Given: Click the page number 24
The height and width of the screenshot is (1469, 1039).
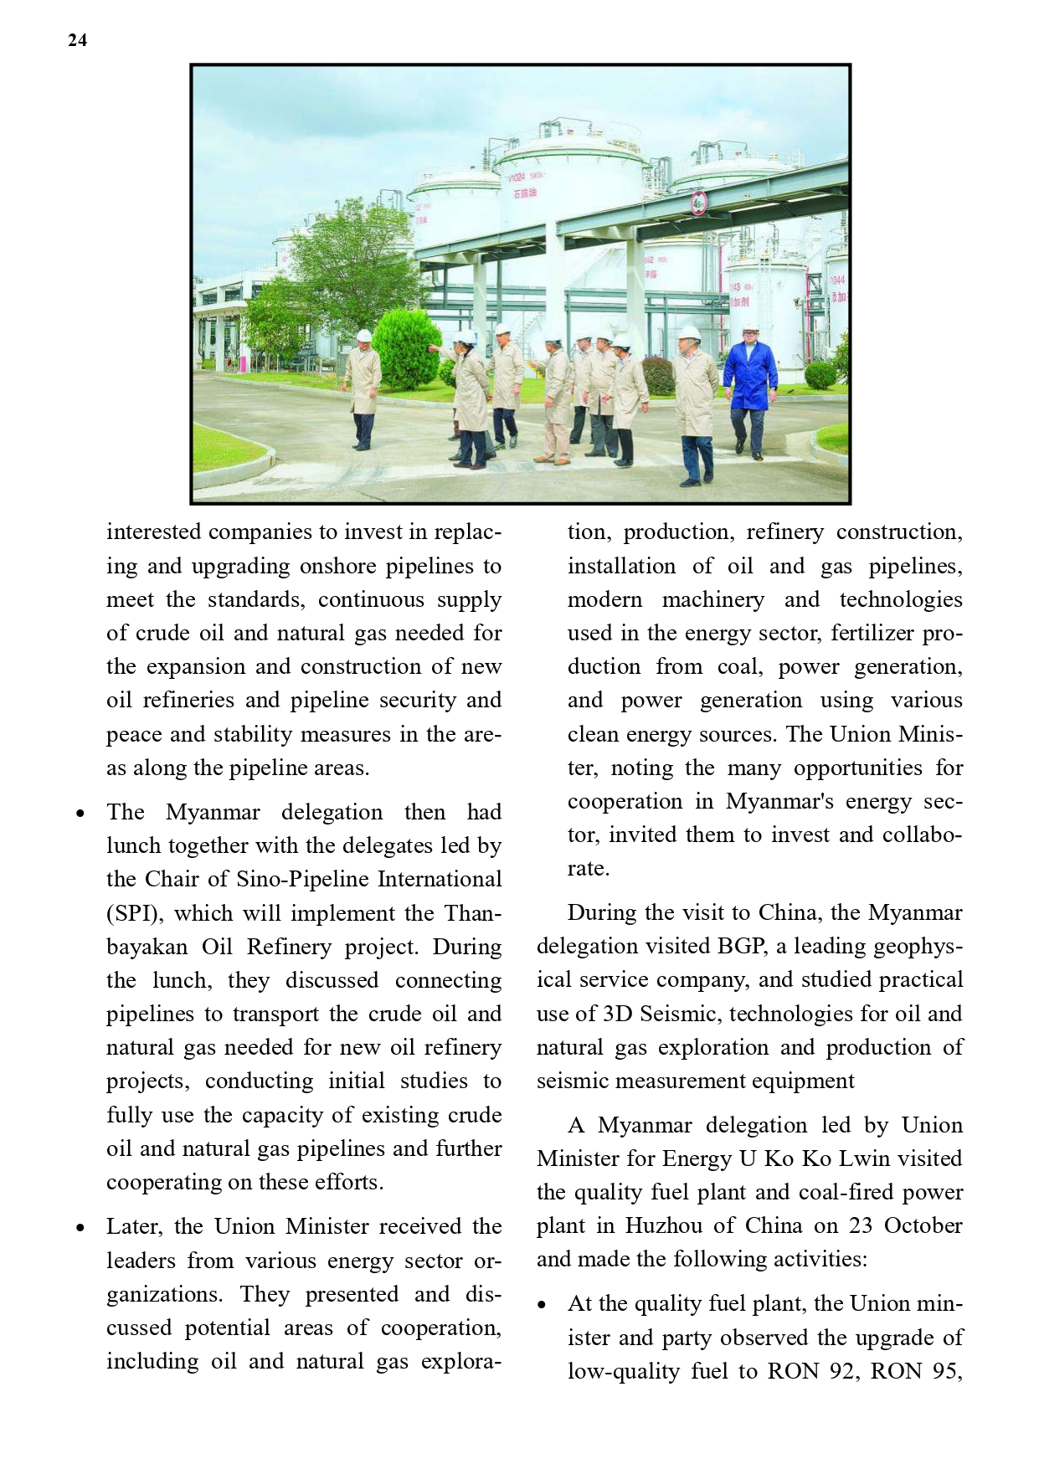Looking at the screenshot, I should coord(77,40).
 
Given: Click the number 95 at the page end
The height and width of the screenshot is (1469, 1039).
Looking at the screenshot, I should coord(944,1371).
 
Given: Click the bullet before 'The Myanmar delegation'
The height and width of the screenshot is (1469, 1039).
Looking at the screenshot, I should coord(80,814).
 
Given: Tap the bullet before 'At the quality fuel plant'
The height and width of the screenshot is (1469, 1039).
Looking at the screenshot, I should coord(543,1305).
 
